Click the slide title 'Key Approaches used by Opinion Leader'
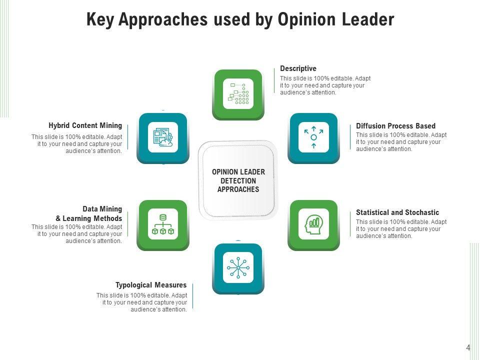click(240, 19)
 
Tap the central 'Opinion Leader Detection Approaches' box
click(238, 180)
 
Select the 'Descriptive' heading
click(298, 68)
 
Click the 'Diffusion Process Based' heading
click(395, 126)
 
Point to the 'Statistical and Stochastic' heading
click(397, 212)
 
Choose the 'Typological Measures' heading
click(151, 285)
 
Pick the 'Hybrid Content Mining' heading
click(85, 125)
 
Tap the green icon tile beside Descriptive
click(238, 93)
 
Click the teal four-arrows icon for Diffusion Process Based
click(313, 137)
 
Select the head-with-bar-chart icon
click(313, 224)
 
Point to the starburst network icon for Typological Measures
click(238, 267)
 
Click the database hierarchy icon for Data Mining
click(163, 224)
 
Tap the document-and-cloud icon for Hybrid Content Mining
click(163, 137)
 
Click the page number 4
click(468, 348)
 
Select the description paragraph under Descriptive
click(325, 85)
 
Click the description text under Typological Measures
click(142, 302)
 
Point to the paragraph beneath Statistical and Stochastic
click(401, 229)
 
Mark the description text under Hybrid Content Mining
click(77, 144)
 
